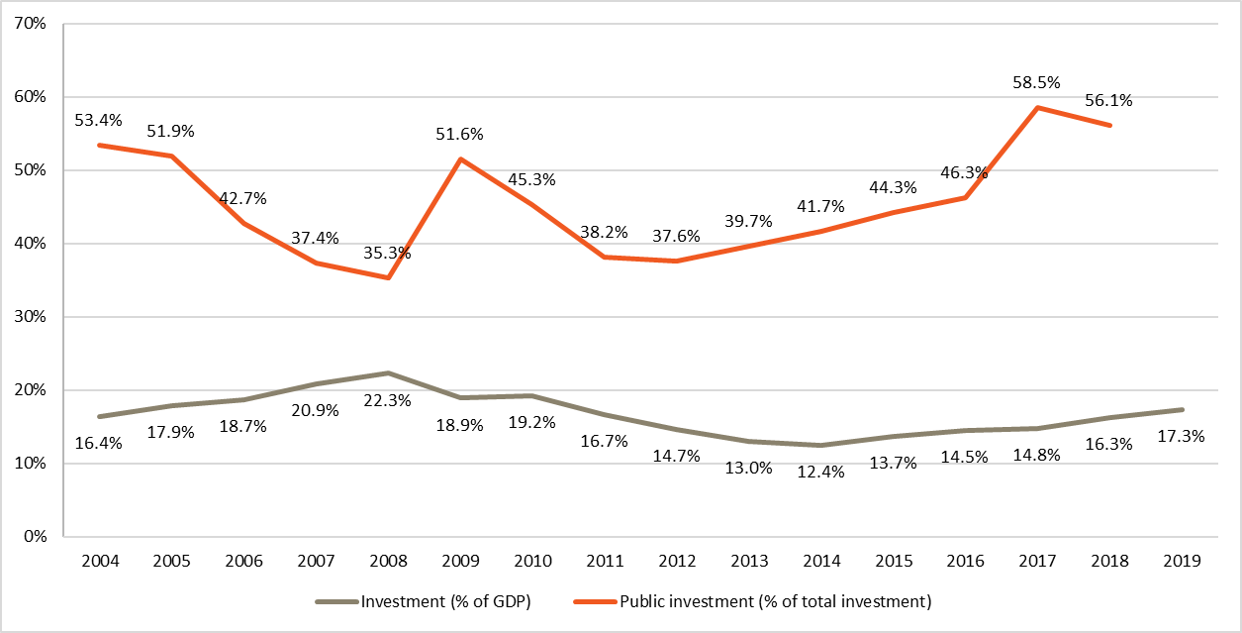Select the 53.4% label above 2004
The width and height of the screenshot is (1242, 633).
[x=99, y=121]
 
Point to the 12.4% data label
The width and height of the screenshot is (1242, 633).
[x=821, y=473]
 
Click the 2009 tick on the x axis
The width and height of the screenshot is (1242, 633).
[x=460, y=561]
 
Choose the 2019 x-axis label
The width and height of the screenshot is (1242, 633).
[x=1182, y=561]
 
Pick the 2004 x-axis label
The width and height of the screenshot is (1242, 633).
[x=100, y=561]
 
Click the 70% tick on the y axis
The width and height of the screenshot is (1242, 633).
[x=32, y=24]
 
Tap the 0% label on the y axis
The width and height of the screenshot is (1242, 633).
[x=36, y=537]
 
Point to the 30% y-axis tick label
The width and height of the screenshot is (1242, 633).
[x=32, y=317]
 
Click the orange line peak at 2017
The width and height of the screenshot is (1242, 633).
[x=1038, y=107]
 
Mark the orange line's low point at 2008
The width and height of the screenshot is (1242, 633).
[x=388, y=277]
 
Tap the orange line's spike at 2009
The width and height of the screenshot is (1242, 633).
[x=461, y=158]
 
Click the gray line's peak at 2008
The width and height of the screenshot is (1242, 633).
[x=388, y=373]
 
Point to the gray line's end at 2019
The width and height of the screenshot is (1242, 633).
[x=1182, y=410]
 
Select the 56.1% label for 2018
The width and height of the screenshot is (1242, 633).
[x=1109, y=100]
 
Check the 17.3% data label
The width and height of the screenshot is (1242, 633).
[x=1182, y=436]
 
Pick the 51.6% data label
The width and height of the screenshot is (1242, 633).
[x=460, y=134]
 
